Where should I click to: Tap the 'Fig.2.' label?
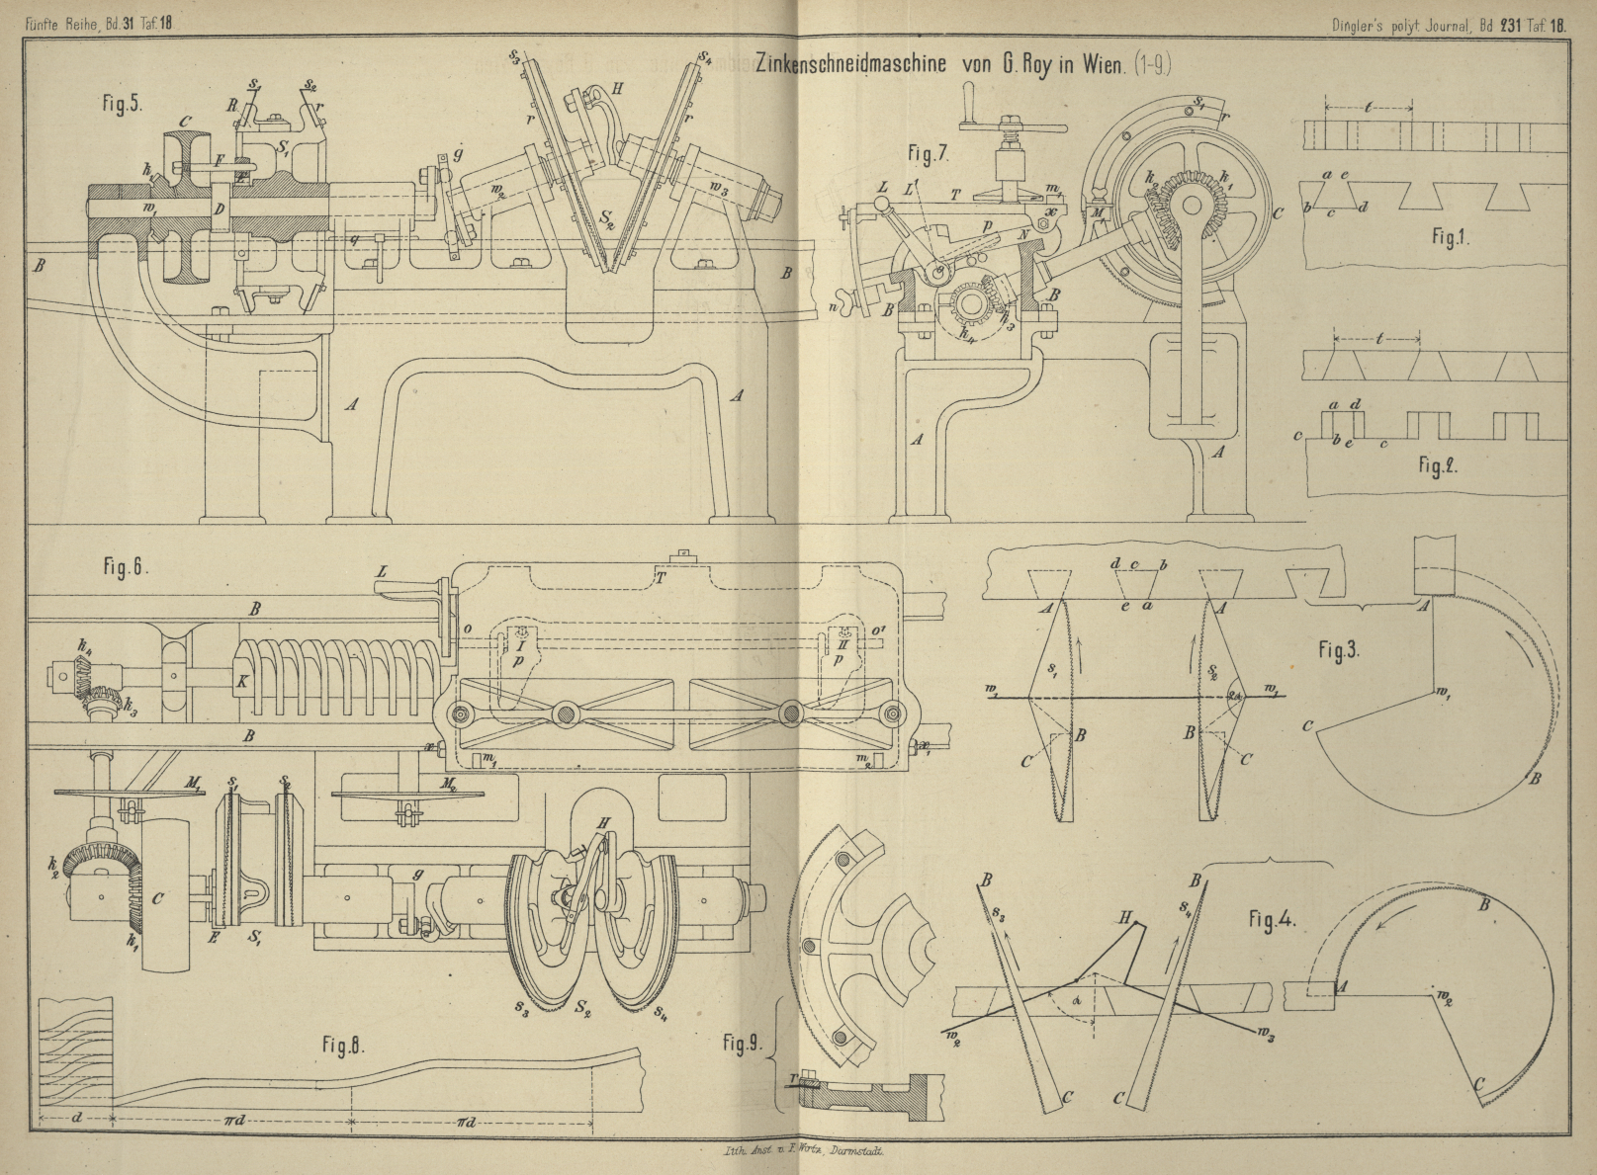[1435, 465]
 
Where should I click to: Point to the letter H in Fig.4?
[1124, 916]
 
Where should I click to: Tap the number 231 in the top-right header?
[1512, 28]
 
